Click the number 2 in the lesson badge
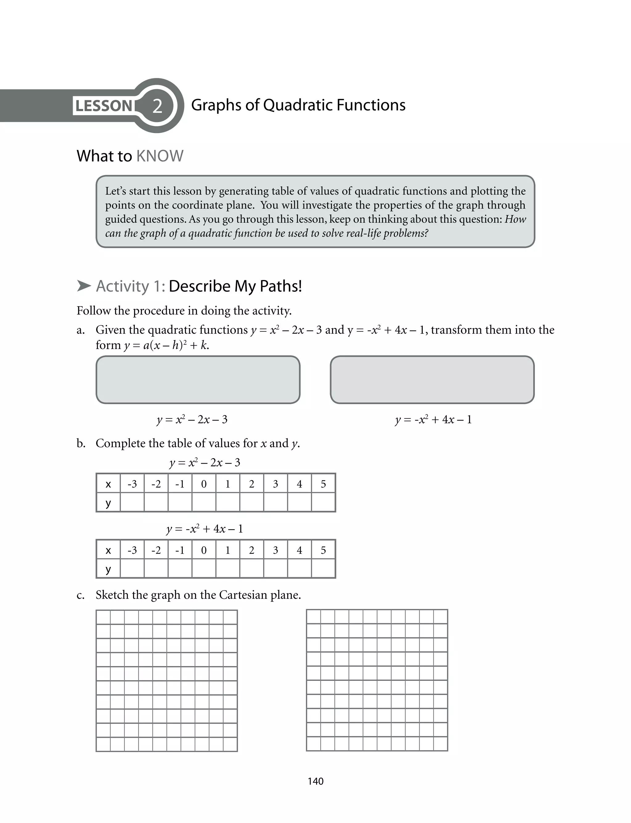(157, 106)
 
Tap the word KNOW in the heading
(160, 156)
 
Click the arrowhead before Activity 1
(84, 286)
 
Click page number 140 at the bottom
(315, 781)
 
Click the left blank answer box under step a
(198, 380)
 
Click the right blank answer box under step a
(432, 380)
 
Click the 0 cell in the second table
(204, 550)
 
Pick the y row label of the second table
(108, 569)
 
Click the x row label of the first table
(108, 484)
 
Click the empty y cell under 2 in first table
(251, 502)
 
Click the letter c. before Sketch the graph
(80, 595)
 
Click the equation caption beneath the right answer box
(433, 419)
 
